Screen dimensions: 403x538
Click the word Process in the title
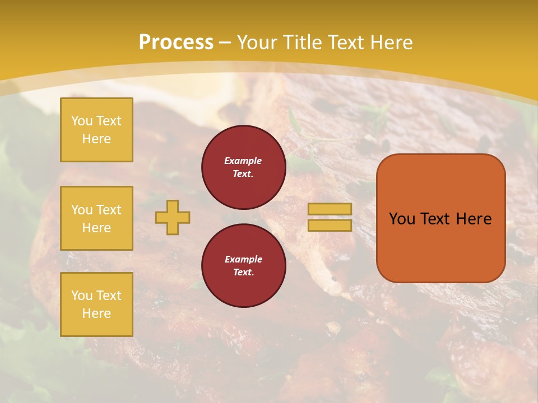pyautogui.click(x=176, y=43)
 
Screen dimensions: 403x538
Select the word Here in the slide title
pyautogui.click(x=389, y=43)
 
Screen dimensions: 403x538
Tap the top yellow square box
pyautogui.click(x=96, y=130)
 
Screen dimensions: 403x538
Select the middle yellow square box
pyautogui.click(x=96, y=218)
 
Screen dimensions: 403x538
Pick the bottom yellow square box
pyautogui.click(x=96, y=304)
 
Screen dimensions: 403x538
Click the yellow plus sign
pyautogui.click(x=173, y=217)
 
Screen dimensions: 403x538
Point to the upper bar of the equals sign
pyautogui.click(x=330, y=209)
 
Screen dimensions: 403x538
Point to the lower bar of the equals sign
pyautogui.click(x=330, y=225)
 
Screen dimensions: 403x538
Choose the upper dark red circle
pyautogui.click(x=243, y=167)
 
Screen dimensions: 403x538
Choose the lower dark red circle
pyautogui.click(x=243, y=265)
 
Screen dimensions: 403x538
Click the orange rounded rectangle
pyautogui.click(x=440, y=218)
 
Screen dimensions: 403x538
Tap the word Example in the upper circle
pyautogui.click(x=243, y=161)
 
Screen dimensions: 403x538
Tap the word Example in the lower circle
pyautogui.click(x=243, y=259)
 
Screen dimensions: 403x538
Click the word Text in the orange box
pyautogui.click(x=436, y=219)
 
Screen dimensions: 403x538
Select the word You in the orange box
pyautogui.click(x=402, y=219)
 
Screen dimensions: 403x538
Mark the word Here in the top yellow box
pyautogui.click(x=96, y=139)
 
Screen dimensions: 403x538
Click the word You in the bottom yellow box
pyautogui.click(x=82, y=296)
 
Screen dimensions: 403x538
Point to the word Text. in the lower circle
pyautogui.click(x=243, y=272)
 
